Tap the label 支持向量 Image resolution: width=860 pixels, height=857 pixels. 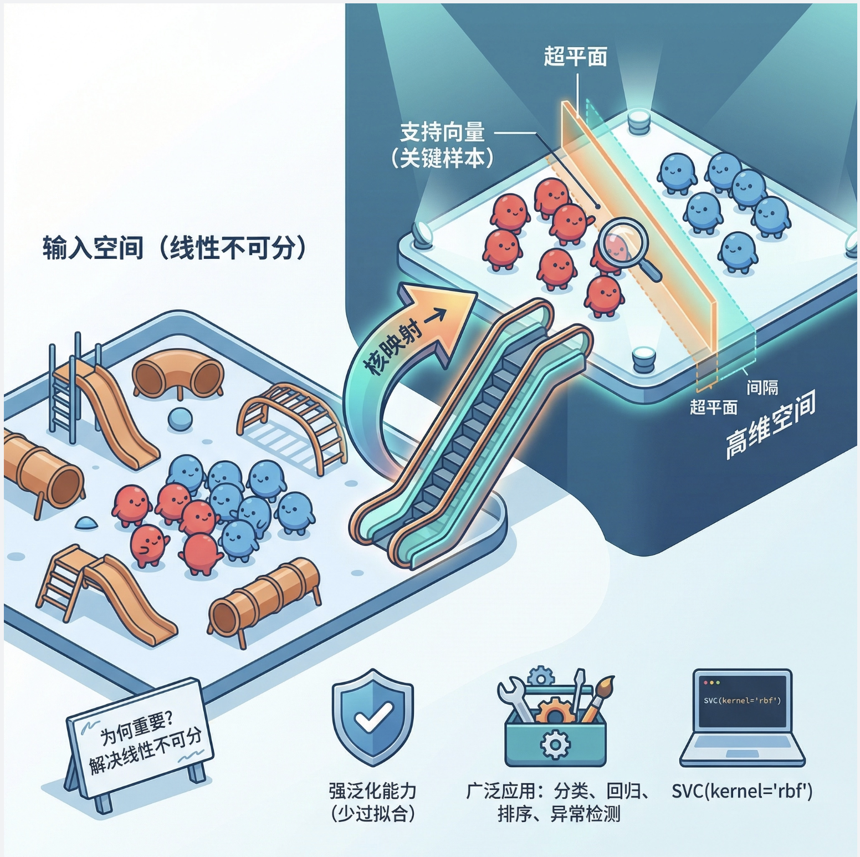pyautogui.click(x=442, y=132)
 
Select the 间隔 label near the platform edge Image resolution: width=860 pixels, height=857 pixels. pyautogui.click(x=762, y=387)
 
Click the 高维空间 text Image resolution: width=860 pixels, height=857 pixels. pyautogui.click(x=771, y=425)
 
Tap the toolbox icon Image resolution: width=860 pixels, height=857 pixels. pyautogui.click(x=555, y=732)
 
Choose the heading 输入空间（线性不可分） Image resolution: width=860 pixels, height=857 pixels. pyautogui.click(x=175, y=248)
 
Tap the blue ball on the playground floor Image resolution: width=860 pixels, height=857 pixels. pyautogui.click(x=180, y=419)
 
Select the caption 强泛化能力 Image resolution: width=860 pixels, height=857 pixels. pyautogui.click(x=372, y=790)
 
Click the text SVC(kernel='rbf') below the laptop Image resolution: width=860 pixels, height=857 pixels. pyautogui.click(x=742, y=790)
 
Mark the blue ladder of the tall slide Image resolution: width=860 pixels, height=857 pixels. pyautogui.click(x=62, y=388)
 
